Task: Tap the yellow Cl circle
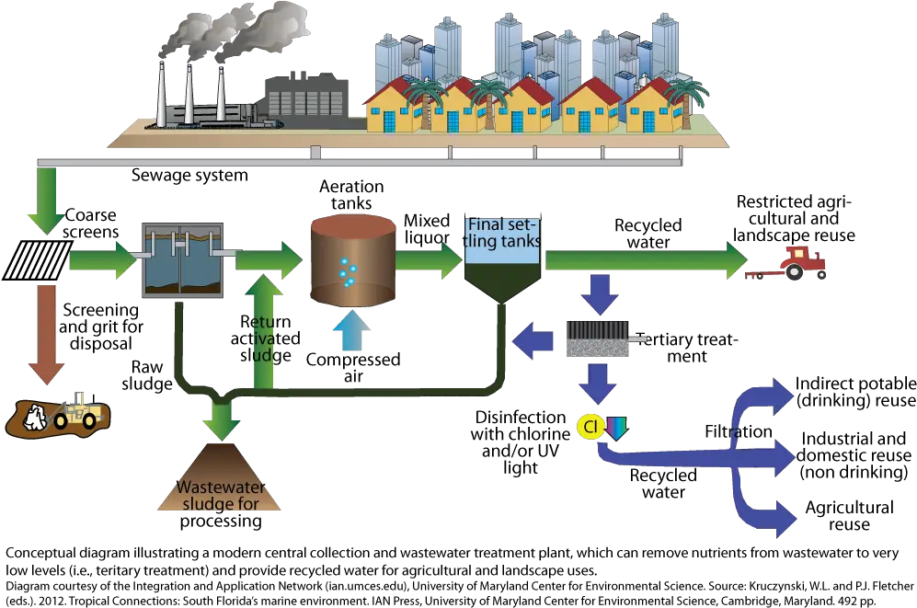coord(590,427)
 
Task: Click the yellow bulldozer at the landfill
coord(77,410)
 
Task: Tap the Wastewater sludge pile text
coord(219,495)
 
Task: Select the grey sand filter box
coord(597,338)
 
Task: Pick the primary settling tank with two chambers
coord(181,260)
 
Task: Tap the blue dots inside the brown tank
coord(347,271)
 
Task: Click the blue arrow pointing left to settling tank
coord(533,340)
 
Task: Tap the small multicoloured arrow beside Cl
coord(615,427)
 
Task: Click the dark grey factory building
coord(308,97)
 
